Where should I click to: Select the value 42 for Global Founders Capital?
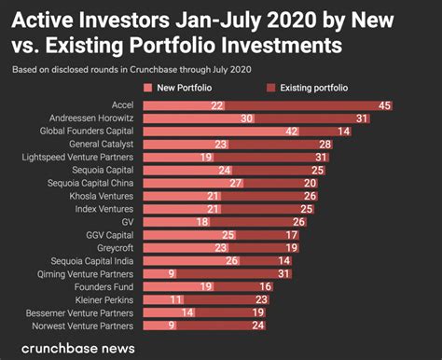292,132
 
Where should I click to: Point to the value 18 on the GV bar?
202,223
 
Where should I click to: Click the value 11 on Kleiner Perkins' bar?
174,300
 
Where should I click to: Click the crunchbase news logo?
76,348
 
